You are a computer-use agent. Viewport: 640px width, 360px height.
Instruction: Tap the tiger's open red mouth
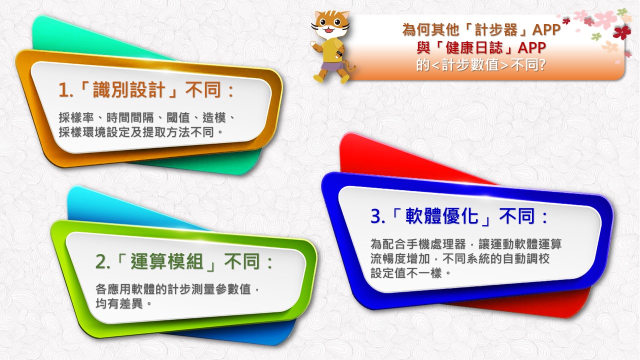330,29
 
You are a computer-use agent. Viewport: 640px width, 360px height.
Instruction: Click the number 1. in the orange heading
66,90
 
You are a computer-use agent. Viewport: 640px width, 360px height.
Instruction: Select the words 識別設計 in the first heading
129,89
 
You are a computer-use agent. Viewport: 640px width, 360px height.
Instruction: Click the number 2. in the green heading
103,261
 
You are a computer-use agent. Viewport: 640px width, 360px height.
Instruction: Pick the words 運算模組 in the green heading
167,261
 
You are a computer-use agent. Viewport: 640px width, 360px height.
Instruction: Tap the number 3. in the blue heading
377,216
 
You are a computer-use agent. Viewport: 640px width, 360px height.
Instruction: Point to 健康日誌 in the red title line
474,47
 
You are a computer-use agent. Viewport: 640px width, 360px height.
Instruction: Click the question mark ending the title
542,65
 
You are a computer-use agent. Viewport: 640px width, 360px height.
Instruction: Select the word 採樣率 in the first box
76,117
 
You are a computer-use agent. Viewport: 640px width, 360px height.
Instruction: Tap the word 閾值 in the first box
178,117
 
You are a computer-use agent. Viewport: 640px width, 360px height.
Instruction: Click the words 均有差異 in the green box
119,303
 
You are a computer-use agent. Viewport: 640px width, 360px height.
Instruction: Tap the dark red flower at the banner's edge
622,32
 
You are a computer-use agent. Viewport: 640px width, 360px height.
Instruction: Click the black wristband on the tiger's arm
339,54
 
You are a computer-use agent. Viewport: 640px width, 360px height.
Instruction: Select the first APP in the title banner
546,29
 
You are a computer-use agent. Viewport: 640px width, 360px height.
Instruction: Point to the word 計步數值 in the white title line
470,65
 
